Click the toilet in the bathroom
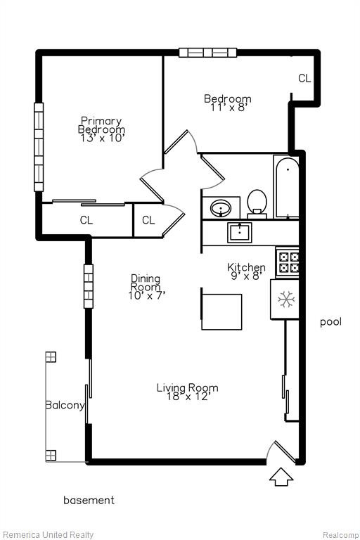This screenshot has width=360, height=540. point(257,204)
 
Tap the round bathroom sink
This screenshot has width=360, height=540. point(221,208)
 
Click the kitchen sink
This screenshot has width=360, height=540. point(240,232)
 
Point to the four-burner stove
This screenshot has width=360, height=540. point(288,262)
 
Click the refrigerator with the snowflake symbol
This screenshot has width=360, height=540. point(285,299)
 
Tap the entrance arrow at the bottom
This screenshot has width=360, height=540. point(281,477)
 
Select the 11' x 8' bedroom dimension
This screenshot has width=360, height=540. point(229,108)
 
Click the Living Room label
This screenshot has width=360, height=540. point(188,388)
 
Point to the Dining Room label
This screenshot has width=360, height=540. point(146,283)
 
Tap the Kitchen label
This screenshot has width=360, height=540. point(246,267)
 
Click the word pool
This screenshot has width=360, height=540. point(330,322)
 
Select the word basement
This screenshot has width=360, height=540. point(89,500)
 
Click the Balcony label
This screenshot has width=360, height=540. point(65,405)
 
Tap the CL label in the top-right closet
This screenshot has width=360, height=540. point(304,78)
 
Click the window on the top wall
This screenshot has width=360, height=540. point(208,52)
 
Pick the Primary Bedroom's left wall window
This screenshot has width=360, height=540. point(39,147)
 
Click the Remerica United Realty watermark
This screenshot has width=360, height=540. point(48,535)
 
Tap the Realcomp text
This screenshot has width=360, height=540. point(341,535)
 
